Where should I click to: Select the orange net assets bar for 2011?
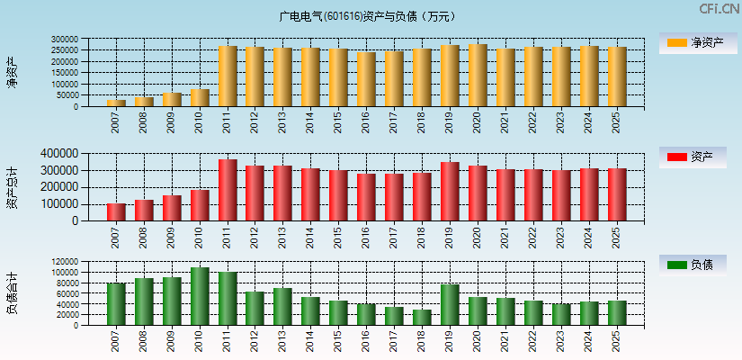coord(228,76)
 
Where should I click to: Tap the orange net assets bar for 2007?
coord(117,103)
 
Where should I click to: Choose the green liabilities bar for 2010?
coord(200,296)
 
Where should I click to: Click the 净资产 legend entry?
coord(693,42)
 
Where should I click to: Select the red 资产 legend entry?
coord(693,157)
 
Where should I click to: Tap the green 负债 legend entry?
coord(693,265)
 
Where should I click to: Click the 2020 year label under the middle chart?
coord(478,236)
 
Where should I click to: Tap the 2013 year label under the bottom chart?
coord(283,341)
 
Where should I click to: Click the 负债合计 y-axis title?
coord(13,293)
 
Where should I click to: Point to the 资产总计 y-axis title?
coord(13,187)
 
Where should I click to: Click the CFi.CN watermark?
coord(720,9)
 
